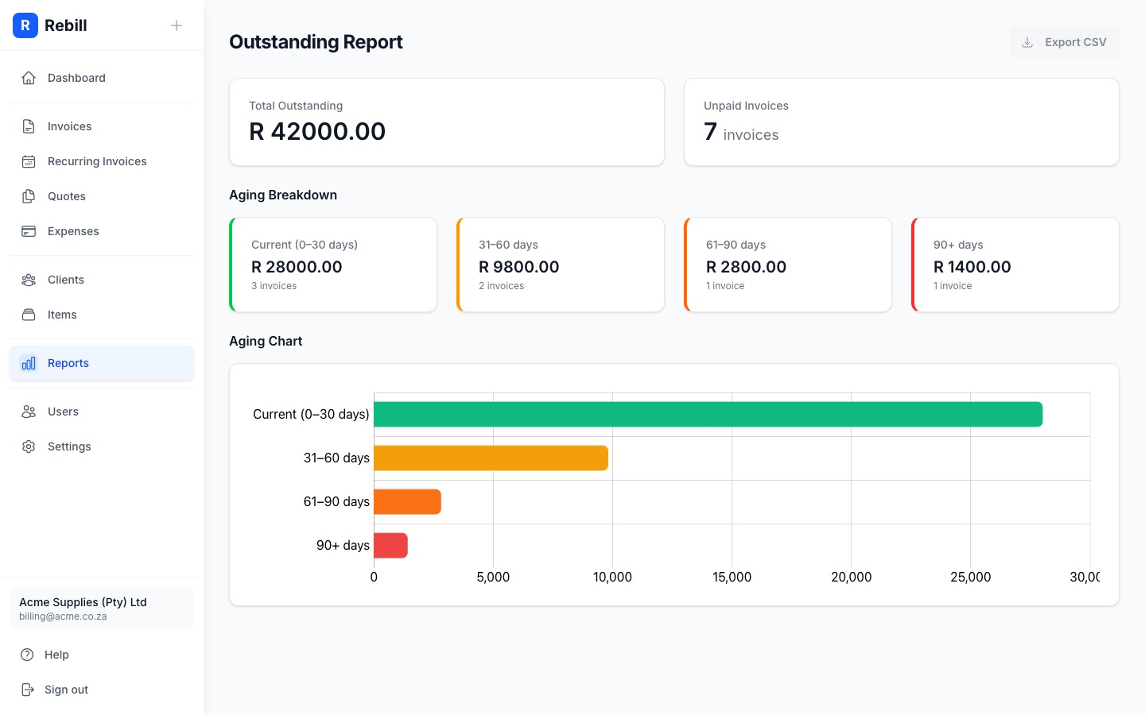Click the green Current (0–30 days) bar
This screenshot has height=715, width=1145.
click(708, 414)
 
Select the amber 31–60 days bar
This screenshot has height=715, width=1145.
click(491, 458)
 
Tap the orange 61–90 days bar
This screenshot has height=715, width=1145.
click(407, 501)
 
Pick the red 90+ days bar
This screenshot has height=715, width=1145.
click(390, 545)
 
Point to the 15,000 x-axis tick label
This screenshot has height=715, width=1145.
click(732, 577)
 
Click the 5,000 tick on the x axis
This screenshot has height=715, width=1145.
click(493, 577)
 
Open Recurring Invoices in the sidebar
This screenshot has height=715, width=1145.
click(97, 161)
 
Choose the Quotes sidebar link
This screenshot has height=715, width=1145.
click(67, 196)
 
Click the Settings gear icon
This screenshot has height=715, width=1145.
click(29, 446)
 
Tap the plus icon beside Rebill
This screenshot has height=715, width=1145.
click(177, 25)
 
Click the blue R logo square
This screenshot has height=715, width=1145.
click(25, 25)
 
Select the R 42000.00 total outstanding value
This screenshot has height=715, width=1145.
click(317, 131)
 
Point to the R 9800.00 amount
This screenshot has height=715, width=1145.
click(518, 267)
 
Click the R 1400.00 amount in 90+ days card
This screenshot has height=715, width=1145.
click(972, 267)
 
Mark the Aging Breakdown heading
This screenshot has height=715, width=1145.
click(283, 195)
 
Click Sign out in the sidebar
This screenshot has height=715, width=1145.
click(66, 690)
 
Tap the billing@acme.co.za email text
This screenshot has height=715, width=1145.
click(63, 616)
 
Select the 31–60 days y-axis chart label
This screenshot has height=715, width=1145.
click(336, 458)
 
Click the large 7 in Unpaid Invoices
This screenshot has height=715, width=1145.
click(710, 131)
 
